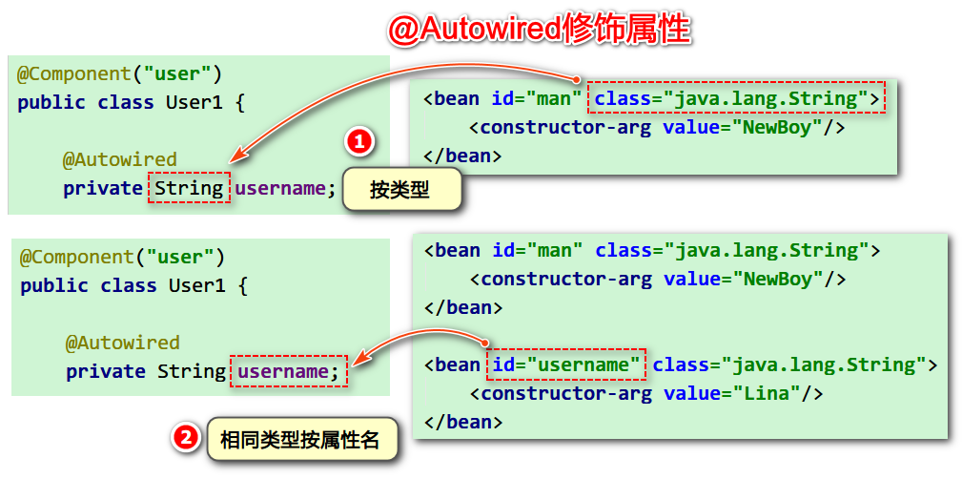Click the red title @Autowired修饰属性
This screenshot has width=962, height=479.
pos(539,29)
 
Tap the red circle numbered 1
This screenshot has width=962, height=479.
pos(358,143)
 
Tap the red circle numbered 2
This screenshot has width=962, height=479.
pos(185,438)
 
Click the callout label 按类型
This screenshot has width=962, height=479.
pos(399,191)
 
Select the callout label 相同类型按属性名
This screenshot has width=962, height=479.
pos(299,440)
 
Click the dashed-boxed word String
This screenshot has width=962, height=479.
pos(190,188)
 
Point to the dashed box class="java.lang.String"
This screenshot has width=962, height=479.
pos(737,98)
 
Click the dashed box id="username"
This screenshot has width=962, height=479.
pos(566,364)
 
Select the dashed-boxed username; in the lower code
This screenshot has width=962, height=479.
pos(289,371)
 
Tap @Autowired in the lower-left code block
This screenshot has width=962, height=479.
pos(122,343)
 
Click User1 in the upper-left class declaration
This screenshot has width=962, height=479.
pos(194,102)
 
